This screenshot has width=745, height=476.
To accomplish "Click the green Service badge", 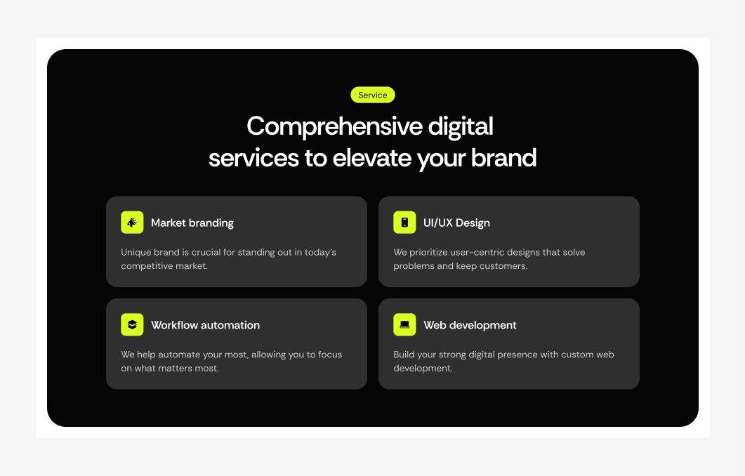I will point(373,95).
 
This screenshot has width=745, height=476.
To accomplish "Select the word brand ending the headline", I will point(503,158).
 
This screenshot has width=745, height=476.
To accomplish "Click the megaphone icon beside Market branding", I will point(132,223).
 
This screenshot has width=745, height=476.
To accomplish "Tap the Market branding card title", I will point(192,223).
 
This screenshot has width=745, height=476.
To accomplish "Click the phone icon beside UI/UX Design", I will point(404,223).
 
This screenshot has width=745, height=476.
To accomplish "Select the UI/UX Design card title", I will point(456,223).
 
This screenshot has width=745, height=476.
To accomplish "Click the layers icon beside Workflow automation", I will point(132,324).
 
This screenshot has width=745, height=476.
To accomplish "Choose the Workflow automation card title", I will point(205,325).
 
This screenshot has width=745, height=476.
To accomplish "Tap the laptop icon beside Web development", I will point(404,324).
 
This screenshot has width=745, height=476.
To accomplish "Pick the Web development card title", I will point(470,325).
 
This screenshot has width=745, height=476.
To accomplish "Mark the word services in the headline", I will point(253,158).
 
